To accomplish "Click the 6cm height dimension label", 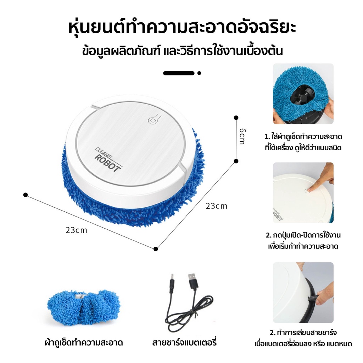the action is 242,136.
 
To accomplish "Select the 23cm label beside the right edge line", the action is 217,206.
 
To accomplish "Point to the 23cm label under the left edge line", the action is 76,230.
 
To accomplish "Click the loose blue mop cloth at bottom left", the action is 84,307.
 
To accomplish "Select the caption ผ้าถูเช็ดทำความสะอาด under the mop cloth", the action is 84,342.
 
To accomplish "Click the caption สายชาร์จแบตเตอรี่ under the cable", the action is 184,342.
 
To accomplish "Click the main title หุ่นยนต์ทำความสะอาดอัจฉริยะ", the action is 182,28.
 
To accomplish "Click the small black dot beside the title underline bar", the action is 199,73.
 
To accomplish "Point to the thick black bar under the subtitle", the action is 179,73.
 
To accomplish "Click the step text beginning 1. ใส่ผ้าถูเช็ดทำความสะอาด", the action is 303,142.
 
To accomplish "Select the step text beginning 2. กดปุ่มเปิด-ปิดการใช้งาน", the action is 303,240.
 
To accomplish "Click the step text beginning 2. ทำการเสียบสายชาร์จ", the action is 303,338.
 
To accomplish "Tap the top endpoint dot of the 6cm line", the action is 236,118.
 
